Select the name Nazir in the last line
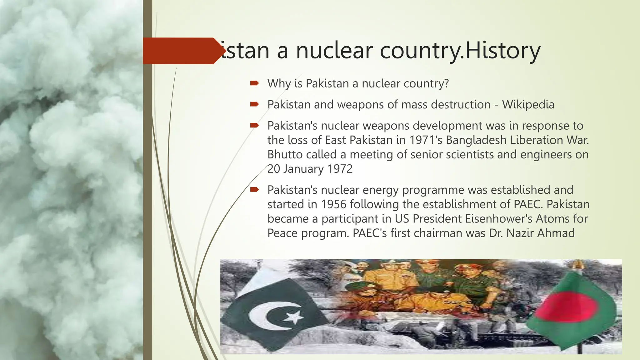[520, 233]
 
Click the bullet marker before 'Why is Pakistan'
[254, 83]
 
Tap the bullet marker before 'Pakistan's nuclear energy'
[254, 189]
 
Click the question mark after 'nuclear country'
[446, 83]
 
